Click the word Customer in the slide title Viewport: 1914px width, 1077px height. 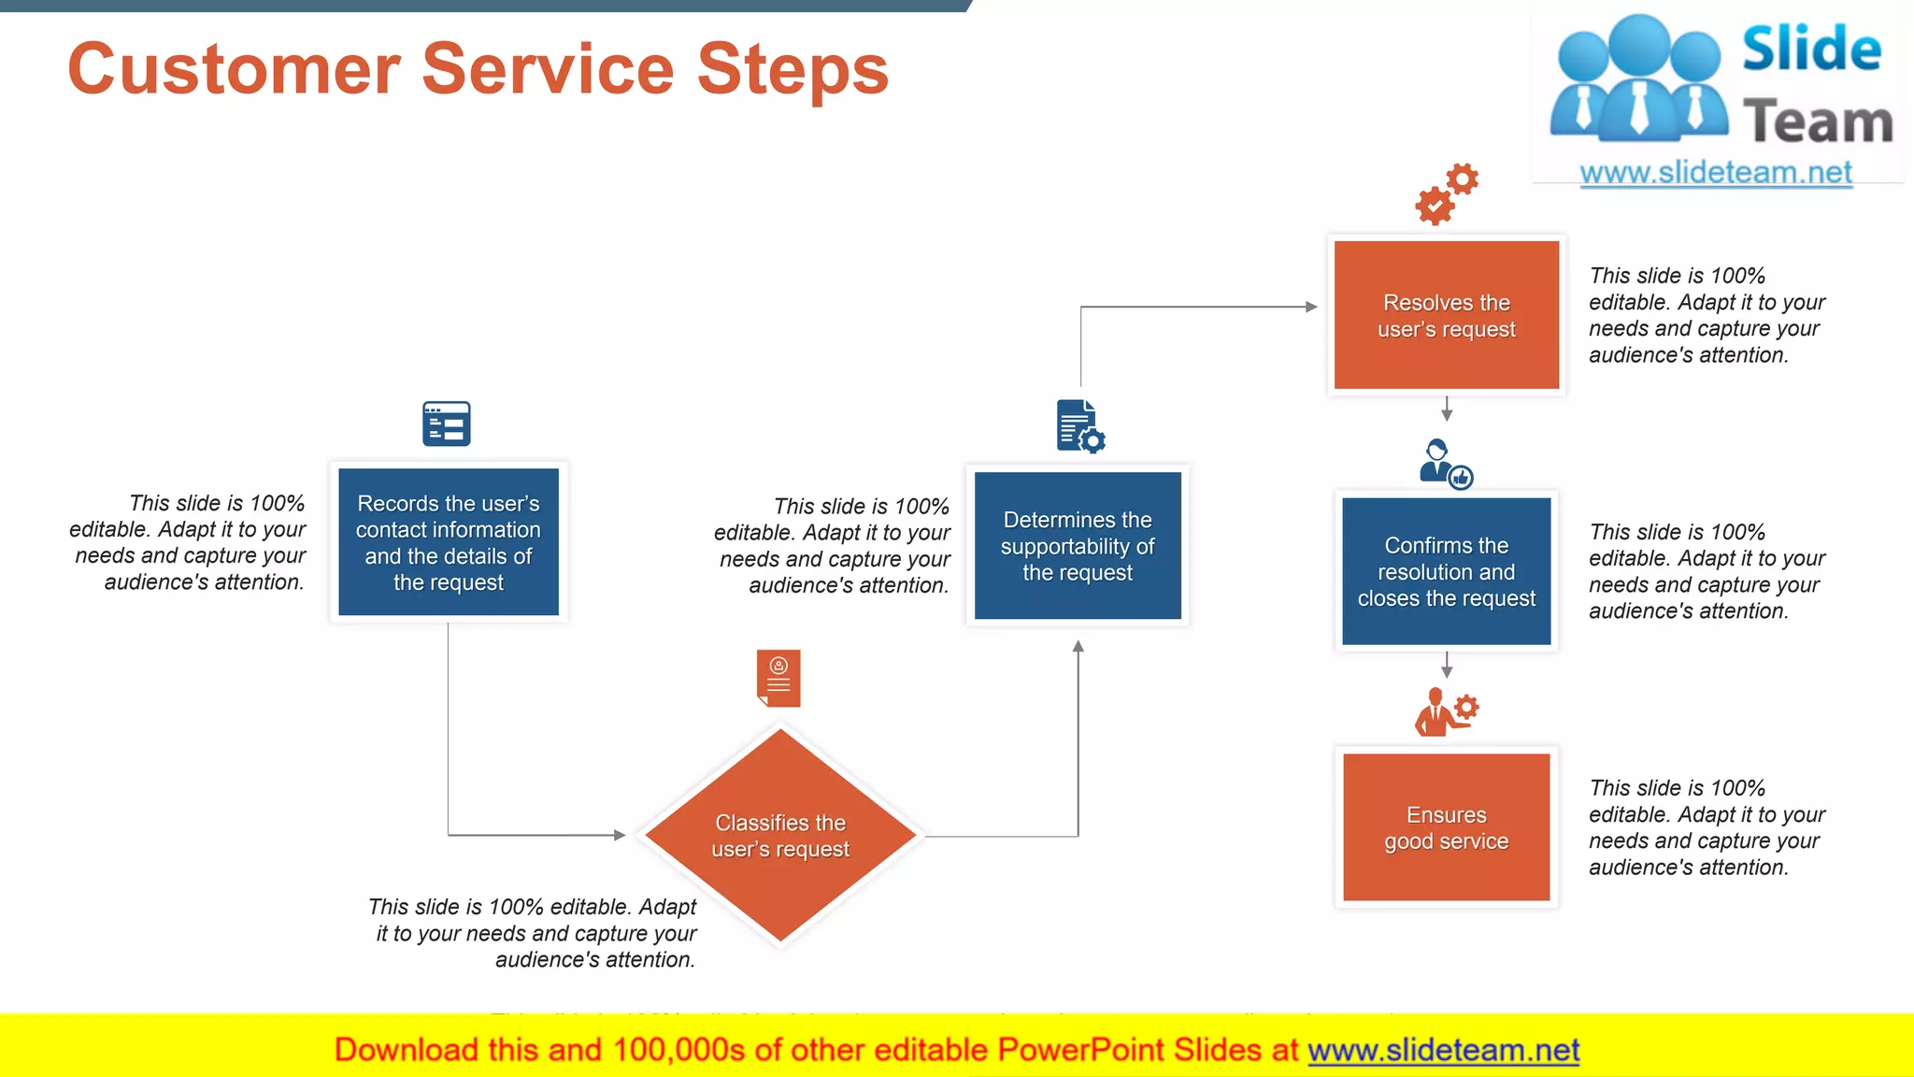(x=234, y=70)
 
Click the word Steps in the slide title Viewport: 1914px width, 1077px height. (x=793, y=70)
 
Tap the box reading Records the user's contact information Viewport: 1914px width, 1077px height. (x=449, y=542)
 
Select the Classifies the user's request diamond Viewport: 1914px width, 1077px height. (x=780, y=836)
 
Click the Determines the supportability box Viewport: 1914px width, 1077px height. (x=1078, y=546)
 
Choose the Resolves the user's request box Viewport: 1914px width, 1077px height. (x=1447, y=315)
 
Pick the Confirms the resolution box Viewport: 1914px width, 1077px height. (x=1447, y=571)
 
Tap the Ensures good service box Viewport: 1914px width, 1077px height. (x=1447, y=827)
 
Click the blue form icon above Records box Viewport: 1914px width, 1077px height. (x=447, y=424)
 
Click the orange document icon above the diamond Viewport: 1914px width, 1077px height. (x=778, y=678)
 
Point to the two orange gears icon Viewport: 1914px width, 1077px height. (x=1447, y=194)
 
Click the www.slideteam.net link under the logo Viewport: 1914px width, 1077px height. (x=1716, y=173)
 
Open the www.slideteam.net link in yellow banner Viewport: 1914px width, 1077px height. (x=1443, y=1051)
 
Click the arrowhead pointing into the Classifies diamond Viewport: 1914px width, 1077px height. (x=620, y=835)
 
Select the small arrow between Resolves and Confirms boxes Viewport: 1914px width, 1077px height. (x=1447, y=410)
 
